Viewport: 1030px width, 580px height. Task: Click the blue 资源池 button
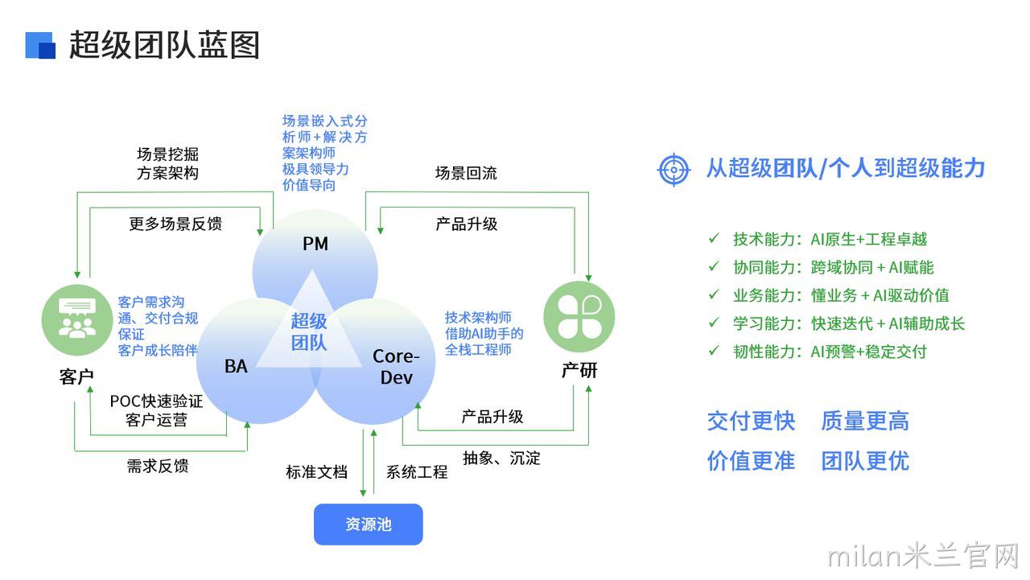pyautogui.click(x=368, y=524)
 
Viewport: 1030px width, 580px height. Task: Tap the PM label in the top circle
pyautogui.click(x=315, y=244)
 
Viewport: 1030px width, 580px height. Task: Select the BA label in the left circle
pyautogui.click(x=236, y=366)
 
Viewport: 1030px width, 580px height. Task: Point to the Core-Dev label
pyautogui.click(x=396, y=367)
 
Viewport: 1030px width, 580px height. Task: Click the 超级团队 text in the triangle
pyautogui.click(x=308, y=331)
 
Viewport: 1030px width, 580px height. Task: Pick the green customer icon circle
pyautogui.click(x=77, y=320)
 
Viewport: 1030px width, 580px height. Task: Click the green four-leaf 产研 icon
pyautogui.click(x=579, y=317)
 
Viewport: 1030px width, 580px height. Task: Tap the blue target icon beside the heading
pyautogui.click(x=674, y=170)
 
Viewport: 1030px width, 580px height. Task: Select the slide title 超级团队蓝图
pyautogui.click(x=165, y=45)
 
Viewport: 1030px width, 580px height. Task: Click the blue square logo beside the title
pyautogui.click(x=40, y=45)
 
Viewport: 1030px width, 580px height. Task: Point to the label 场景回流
pyautogui.click(x=466, y=173)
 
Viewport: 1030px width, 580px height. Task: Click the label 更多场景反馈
pyautogui.click(x=175, y=224)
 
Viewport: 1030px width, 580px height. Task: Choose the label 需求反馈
pyautogui.click(x=158, y=466)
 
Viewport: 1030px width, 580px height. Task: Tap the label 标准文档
pyautogui.click(x=316, y=472)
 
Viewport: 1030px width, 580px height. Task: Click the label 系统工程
pyautogui.click(x=417, y=472)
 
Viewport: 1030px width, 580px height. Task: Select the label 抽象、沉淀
pyautogui.click(x=501, y=458)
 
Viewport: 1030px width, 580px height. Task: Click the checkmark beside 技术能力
pyautogui.click(x=714, y=238)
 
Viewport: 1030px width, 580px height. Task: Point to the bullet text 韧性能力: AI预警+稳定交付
pyautogui.click(x=830, y=352)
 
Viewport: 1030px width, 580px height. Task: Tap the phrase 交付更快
pyautogui.click(x=751, y=421)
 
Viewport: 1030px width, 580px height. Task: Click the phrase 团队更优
pyautogui.click(x=865, y=461)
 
